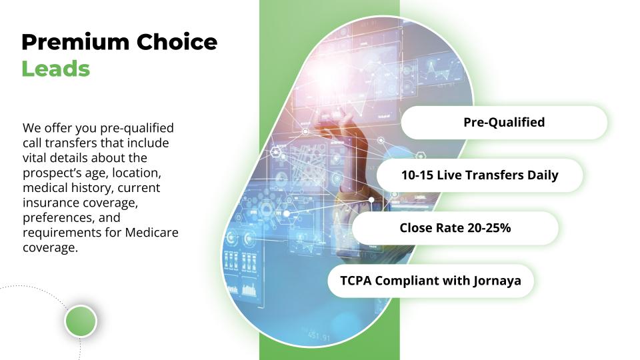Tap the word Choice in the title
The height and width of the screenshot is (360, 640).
177,43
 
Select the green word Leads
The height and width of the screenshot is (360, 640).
55,69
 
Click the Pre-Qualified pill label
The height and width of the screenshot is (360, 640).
504,122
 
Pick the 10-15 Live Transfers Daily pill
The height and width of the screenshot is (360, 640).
479,175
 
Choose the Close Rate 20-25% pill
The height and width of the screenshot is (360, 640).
455,228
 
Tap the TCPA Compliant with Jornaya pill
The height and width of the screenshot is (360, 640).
430,281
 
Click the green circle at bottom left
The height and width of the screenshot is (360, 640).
81,321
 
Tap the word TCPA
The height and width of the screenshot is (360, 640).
356,281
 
